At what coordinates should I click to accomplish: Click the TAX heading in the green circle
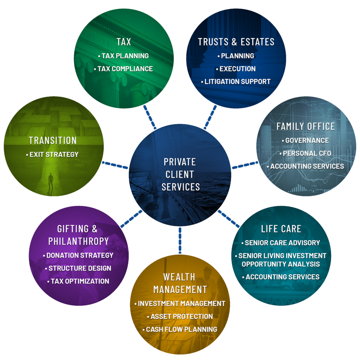[x=124, y=42]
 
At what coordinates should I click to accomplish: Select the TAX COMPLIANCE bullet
[x=125, y=69]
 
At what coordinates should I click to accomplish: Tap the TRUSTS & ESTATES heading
[x=236, y=42]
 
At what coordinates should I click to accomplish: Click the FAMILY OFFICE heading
[x=306, y=126]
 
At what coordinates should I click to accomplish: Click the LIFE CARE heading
[x=281, y=229]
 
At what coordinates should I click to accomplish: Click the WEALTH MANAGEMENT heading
[x=180, y=283]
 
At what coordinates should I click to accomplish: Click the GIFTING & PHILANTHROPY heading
[x=78, y=235]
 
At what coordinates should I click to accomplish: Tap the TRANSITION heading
[x=53, y=141]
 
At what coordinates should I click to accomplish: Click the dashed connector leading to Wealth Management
[x=180, y=240]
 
